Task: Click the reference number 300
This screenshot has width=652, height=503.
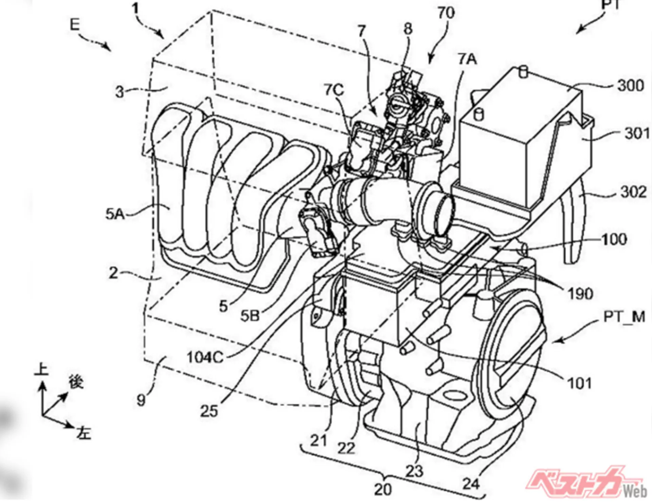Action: pyautogui.click(x=630, y=85)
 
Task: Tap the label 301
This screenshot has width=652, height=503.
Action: pyautogui.click(x=636, y=133)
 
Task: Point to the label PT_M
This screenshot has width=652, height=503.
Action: pyautogui.click(x=624, y=317)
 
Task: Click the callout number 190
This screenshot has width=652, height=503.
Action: pyautogui.click(x=580, y=294)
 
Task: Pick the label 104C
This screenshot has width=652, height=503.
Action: pyautogui.click(x=205, y=357)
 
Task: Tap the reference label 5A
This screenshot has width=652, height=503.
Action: pyautogui.click(x=115, y=214)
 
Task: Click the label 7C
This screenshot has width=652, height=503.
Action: pyautogui.click(x=333, y=90)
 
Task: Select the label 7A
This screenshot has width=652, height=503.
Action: pyautogui.click(x=467, y=59)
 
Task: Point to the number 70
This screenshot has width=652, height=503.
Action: pyautogui.click(x=446, y=13)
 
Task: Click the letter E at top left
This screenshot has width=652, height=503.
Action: pyautogui.click(x=75, y=24)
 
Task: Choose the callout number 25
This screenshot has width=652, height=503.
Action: pyautogui.click(x=209, y=411)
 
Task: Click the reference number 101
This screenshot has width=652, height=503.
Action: pyautogui.click(x=579, y=383)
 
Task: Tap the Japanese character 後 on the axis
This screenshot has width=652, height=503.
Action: pyautogui.click(x=76, y=381)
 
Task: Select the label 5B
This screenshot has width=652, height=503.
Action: pyautogui.click(x=250, y=316)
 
